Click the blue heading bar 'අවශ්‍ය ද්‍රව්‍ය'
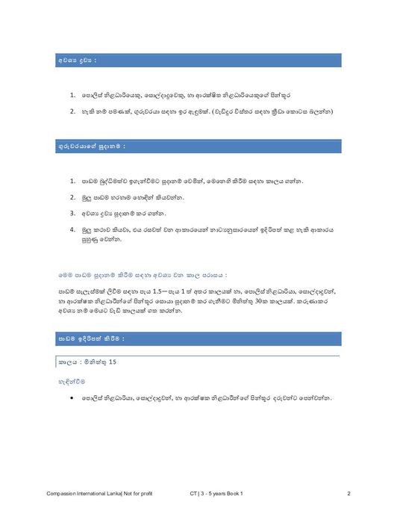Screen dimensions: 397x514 coord(198,60)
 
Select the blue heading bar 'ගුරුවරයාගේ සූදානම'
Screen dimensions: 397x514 coord(198,146)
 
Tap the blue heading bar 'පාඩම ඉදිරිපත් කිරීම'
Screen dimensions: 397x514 coord(198,339)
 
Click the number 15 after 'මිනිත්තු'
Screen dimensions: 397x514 coord(113,362)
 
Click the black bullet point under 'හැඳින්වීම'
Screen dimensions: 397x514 coord(71,398)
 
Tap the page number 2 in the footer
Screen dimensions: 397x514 coord(348,494)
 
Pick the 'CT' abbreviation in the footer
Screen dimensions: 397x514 coord(194,494)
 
